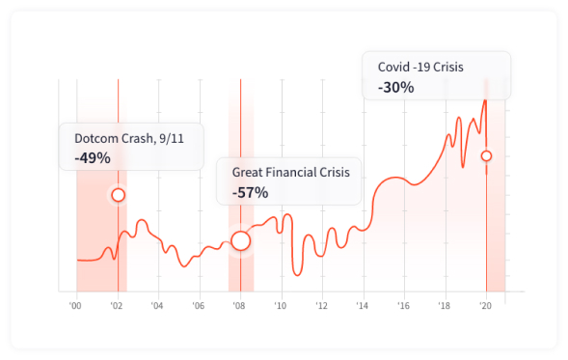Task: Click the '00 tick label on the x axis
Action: pos(75,305)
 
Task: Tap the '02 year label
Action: pos(117,305)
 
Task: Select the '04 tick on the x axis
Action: pos(157,305)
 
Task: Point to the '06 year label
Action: pos(199,305)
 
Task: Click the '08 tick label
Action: pos(239,305)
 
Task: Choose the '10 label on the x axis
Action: pos(280,305)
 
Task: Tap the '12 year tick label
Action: pos(321,305)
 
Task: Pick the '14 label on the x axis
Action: pos(362,305)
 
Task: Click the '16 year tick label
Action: pos(403,305)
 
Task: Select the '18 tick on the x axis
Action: pos(444,305)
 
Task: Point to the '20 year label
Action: pos(485,305)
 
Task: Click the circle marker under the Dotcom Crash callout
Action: pos(118,195)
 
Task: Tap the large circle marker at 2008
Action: pos(240,240)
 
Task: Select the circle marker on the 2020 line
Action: pos(486,155)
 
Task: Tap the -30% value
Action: pos(395,87)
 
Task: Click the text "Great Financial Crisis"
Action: pos(290,172)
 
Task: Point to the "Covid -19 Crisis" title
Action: pos(420,67)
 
